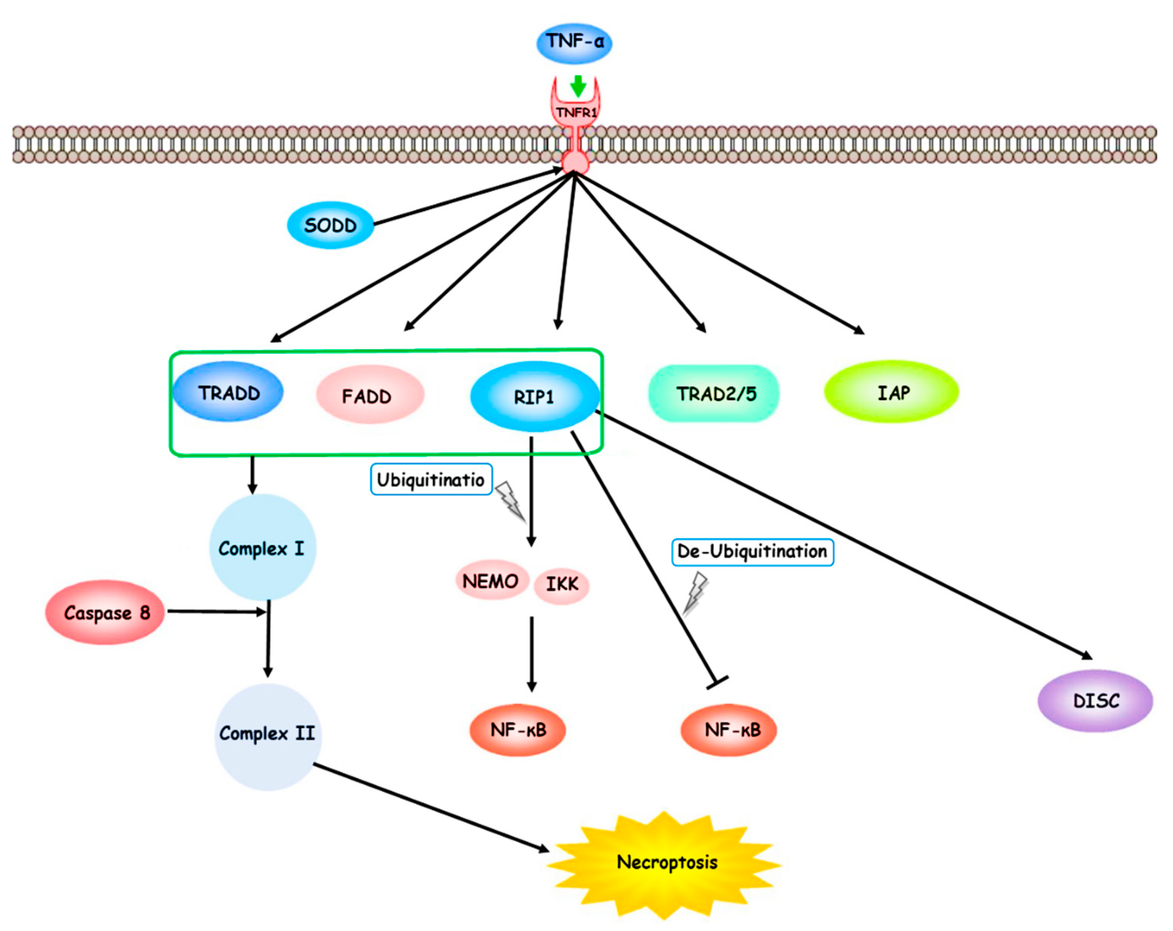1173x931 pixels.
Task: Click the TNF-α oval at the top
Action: (x=574, y=43)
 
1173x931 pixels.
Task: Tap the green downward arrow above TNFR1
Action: (x=578, y=86)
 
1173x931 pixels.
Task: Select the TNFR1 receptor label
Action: (x=575, y=113)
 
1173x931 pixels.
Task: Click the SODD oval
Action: (x=330, y=225)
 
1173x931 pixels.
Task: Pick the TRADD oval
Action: (x=229, y=392)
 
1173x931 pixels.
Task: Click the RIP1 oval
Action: (x=534, y=397)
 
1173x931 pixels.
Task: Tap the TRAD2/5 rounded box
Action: (x=714, y=393)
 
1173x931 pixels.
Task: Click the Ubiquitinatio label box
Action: (x=431, y=479)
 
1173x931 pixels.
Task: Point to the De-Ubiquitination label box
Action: (x=752, y=551)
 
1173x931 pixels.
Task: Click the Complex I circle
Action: (x=262, y=548)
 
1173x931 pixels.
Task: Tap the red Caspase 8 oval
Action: (x=105, y=612)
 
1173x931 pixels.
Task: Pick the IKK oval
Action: (x=561, y=584)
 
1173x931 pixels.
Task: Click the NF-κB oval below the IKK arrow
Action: (x=517, y=729)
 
